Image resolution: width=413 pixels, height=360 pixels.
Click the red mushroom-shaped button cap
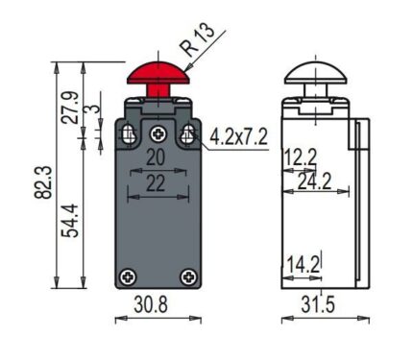[x=158, y=74]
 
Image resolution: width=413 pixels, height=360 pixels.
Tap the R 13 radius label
[x=198, y=38]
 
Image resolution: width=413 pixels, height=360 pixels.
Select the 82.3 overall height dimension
[x=43, y=182]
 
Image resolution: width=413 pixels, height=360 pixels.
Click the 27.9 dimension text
[x=70, y=108]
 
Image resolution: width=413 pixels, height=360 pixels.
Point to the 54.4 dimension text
[x=70, y=221]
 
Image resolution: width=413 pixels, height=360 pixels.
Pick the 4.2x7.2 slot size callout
[x=238, y=137]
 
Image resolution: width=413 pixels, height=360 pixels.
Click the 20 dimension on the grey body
[x=156, y=157]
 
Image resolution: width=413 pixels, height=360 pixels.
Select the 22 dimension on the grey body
[x=156, y=183]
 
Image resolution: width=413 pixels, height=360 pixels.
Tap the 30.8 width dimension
[x=151, y=304]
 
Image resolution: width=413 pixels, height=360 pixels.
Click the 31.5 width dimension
[x=318, y=304]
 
